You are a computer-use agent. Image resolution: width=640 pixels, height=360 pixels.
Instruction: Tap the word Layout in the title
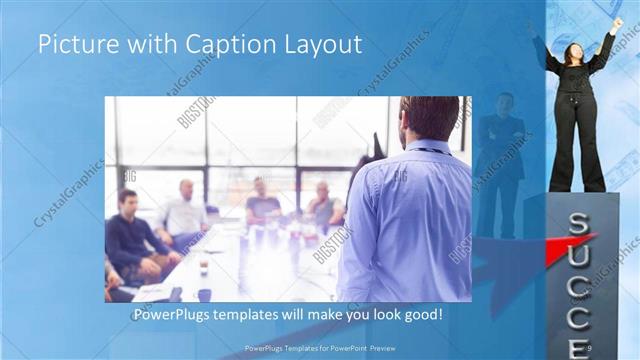point(314,45)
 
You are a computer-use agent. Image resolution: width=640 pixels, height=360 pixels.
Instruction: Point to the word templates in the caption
point(265,315)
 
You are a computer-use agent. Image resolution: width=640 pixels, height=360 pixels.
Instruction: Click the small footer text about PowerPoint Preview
point(316,348)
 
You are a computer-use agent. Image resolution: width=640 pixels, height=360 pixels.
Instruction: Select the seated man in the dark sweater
point(133,240)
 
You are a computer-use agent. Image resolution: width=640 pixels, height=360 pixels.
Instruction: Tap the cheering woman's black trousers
point(577,150)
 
